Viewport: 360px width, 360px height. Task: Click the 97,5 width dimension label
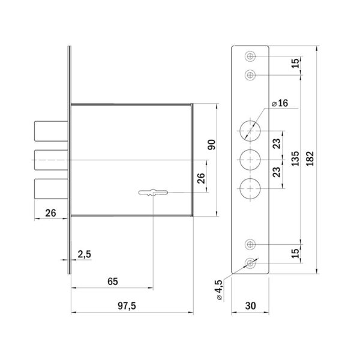click(127, 306)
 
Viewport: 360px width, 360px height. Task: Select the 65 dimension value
click(113, 281)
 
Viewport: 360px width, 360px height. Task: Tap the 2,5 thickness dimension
click(84, 254)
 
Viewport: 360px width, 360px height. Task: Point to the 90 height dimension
click(211, 145)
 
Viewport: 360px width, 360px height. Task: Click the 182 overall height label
click(310, 158)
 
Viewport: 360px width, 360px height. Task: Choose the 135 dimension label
click(295, 158)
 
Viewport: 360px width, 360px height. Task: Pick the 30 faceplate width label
click(250, 306)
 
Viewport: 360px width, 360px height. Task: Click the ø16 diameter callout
click(280, 103)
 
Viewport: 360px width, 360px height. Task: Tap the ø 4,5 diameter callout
click(218, 290)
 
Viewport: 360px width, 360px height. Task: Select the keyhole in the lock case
click(153, 193)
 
